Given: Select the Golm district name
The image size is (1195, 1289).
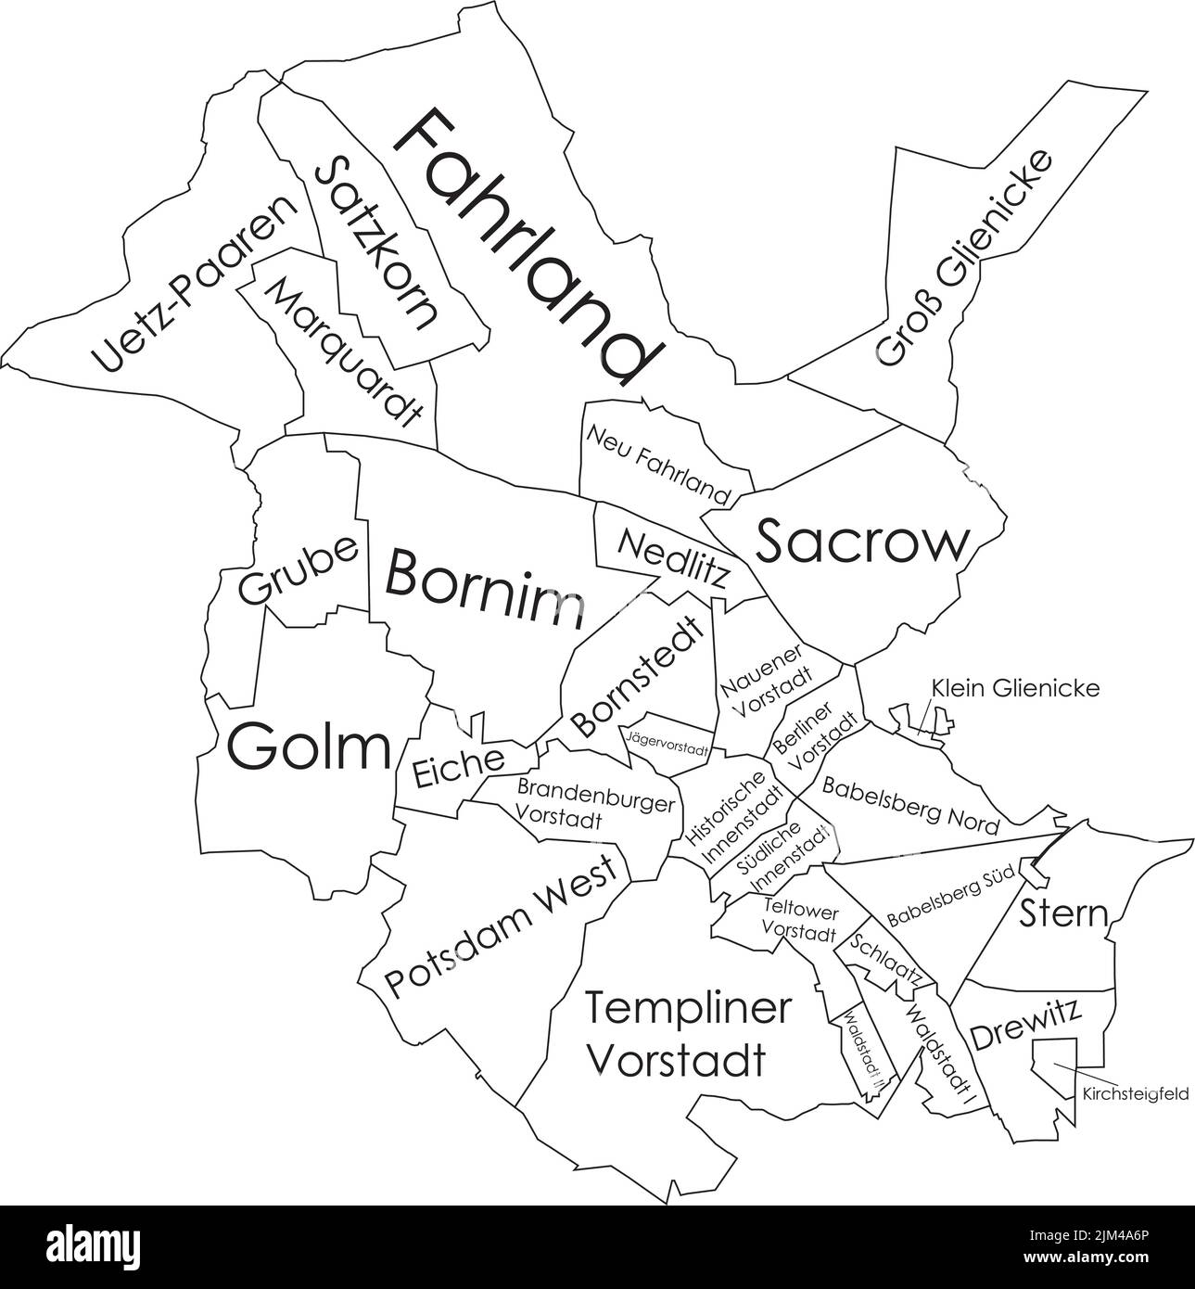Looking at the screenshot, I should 310,747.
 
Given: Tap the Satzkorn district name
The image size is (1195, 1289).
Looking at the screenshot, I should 375,243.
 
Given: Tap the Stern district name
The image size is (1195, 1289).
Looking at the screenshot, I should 1063,914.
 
